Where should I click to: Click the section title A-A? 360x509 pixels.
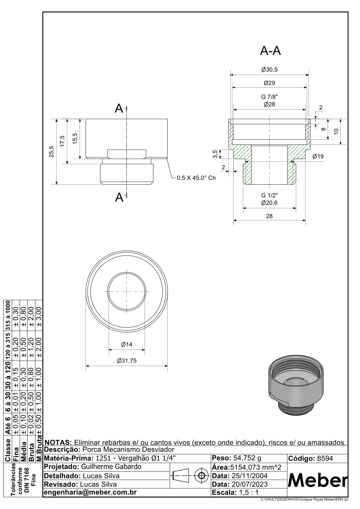270,51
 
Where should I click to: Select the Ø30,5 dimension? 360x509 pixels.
269,70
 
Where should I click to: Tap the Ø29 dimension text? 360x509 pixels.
269,83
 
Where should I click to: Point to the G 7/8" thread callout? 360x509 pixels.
269,97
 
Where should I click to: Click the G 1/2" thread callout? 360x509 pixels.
269,195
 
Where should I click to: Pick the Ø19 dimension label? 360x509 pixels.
318,156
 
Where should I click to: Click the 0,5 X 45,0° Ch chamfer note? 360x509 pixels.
196,178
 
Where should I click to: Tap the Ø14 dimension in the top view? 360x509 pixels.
126,344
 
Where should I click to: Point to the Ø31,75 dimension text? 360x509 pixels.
126,361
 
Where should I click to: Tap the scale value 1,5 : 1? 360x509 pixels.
249,492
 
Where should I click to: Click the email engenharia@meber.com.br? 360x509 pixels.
90,492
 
